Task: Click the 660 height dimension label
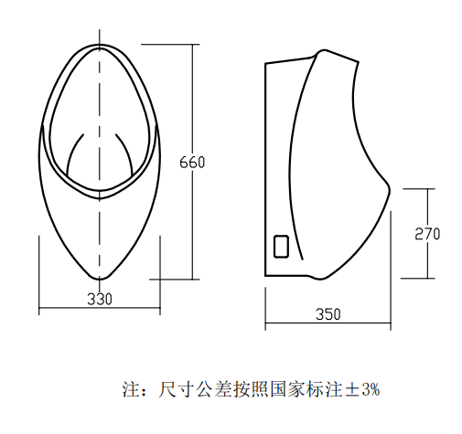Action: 192,163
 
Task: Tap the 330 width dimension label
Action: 100,299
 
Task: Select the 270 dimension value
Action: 427,234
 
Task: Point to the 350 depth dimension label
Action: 328,314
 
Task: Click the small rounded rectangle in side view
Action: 281,247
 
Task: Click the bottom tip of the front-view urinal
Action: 100,279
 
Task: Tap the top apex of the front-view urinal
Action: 100,45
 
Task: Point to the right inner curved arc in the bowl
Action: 125,153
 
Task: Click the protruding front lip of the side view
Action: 388,189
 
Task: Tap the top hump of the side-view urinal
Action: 323,50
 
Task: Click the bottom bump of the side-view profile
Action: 320,279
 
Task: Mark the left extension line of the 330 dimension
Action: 39,275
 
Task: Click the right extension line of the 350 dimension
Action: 391,270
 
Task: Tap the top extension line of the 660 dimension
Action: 170,45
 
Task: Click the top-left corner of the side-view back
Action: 265,63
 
